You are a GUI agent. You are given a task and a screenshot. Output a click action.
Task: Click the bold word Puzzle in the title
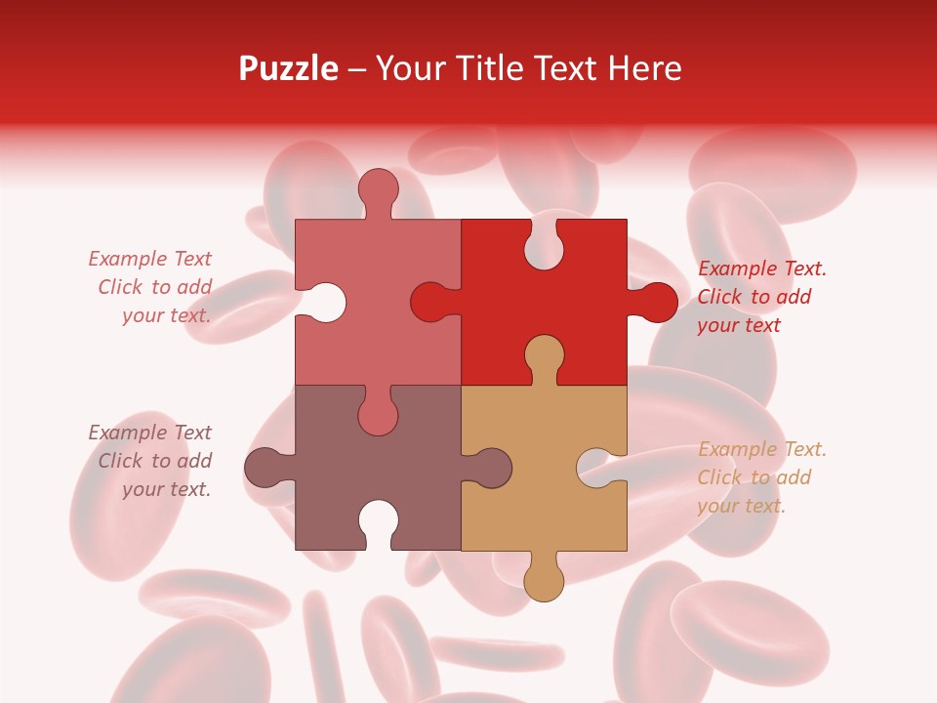click(289, 68)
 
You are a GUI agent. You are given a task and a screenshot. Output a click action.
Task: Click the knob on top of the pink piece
click(378, 188)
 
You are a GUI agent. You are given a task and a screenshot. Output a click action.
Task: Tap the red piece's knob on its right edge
click(655, 302)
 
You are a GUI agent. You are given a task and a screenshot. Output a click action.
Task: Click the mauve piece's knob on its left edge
click(266, 468)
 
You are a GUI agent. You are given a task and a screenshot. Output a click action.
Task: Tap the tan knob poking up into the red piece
click(544, 355)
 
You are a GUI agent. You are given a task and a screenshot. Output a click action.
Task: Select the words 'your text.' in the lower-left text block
click(166, 489)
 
